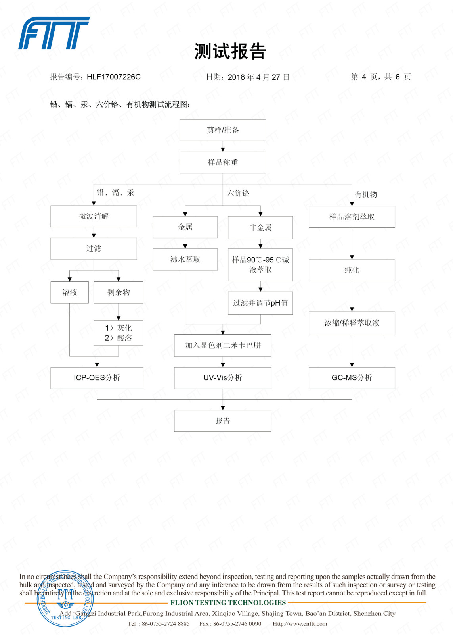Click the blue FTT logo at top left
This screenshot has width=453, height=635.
click(54, 33)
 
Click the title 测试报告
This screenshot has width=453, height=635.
click(230, 52)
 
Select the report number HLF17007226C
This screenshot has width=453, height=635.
click(113, 77)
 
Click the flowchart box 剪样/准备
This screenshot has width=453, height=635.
click(223, 130)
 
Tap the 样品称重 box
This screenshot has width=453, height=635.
click(223, 162)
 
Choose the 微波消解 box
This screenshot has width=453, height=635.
click(94, 216)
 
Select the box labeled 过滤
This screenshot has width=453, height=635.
click(94, 248)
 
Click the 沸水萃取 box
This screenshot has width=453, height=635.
click(185, 259)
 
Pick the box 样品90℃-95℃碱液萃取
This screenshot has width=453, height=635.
click(260, 265)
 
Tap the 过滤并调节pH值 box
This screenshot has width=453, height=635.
click(260, 303)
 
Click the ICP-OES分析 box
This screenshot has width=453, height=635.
click(97, 377)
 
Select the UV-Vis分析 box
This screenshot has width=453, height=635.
click(223, 377)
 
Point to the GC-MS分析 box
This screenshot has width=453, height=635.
click(352, 377)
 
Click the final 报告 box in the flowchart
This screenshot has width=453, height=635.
click(223, 421)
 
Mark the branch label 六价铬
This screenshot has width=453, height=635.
click(238, 193)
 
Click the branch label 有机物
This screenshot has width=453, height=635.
click(366, 194)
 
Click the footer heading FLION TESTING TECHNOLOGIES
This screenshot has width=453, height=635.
click(228, 603)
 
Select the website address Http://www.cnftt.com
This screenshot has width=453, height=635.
click(300, 624)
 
